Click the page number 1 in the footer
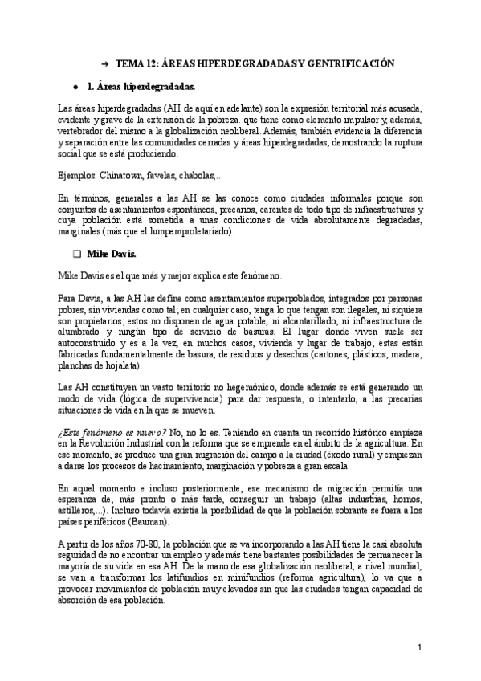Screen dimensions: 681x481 [x=419, y=647]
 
